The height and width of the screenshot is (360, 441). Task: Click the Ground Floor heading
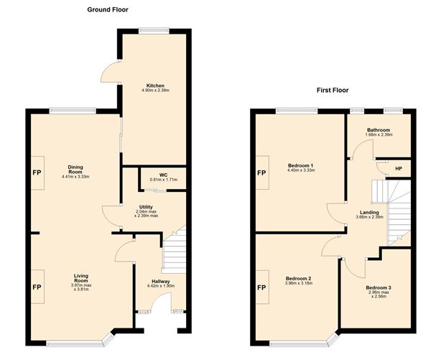[108, 10]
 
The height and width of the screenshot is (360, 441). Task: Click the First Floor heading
[333, 91]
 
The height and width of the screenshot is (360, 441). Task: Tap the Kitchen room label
[155, 86]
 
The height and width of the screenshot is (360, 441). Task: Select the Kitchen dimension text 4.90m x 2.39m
[156, 91]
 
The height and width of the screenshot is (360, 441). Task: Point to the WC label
[164, 175]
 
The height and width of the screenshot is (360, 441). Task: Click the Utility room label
[146, 207]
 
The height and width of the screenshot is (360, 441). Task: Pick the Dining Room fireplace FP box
[37, 173]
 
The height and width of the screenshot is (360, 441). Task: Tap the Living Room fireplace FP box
[37, 287]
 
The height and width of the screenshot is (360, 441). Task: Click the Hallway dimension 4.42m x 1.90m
[161, 286]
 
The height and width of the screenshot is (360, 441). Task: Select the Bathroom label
[379, 130]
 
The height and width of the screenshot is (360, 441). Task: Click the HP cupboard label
[399, 169]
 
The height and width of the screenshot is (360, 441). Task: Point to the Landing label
[370, 213]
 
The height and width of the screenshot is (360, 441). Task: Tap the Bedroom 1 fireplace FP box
[262, 172]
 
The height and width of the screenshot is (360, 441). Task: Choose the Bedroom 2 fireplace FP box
[262, 287]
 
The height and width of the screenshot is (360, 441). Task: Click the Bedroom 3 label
[379, 288]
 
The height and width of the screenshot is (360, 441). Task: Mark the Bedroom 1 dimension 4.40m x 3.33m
[301, 170]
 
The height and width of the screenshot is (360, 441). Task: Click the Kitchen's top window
[154, 31]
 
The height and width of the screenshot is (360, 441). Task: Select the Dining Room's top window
[73, 111]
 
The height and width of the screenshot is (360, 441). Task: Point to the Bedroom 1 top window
[297, 111]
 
